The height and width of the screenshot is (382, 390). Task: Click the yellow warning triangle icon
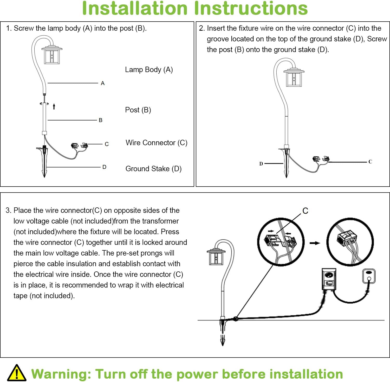click(x=16, y=373)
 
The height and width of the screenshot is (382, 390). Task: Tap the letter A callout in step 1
click(x=103, y=83)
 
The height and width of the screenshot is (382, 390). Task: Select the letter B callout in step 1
click(x=101, y=120)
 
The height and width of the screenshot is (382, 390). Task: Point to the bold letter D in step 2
click(x=261, y=164)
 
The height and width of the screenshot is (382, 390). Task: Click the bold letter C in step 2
click(x=370, y=162)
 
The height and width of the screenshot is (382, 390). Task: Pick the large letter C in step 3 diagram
click(x=305, y=211)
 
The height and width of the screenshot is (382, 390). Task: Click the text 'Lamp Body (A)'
click(x=149, y=70)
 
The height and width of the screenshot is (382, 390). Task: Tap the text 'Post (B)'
click(x=138, y=110)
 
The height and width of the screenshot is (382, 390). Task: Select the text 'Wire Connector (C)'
click(x=156, y=143)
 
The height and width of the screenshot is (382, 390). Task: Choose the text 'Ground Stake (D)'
click(x=153, y=169)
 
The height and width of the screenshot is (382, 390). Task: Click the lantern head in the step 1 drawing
click(x=52, y=55)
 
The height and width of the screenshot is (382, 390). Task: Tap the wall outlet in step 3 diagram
click(x=369, y=276)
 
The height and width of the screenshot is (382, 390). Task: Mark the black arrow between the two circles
click(x=315, y=243)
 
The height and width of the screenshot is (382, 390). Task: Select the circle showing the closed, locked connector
click(x=350, y=242)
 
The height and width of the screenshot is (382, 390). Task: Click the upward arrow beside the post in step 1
click(x=54, y=106)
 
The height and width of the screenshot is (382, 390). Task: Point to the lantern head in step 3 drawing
click(x=216, y=257)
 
